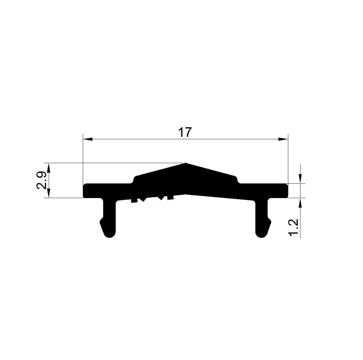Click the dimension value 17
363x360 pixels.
pyautogui.click(x=185, y=132)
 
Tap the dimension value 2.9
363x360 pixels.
pyautogui.click(x=41, y=180)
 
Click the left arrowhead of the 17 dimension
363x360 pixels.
pyautogui.click(x=88, y=139)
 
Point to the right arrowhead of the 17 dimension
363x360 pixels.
pyautogui.click(x=283, y=139)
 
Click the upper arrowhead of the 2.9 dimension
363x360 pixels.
pyautogui.click(x=49, y=168)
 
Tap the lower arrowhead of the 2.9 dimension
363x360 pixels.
pyautogui.click(x=49, y=193)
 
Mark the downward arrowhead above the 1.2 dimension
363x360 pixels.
pyautogui.click(x=300, y=178)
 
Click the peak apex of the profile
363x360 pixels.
pyautogui.click(x=186, y=163)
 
